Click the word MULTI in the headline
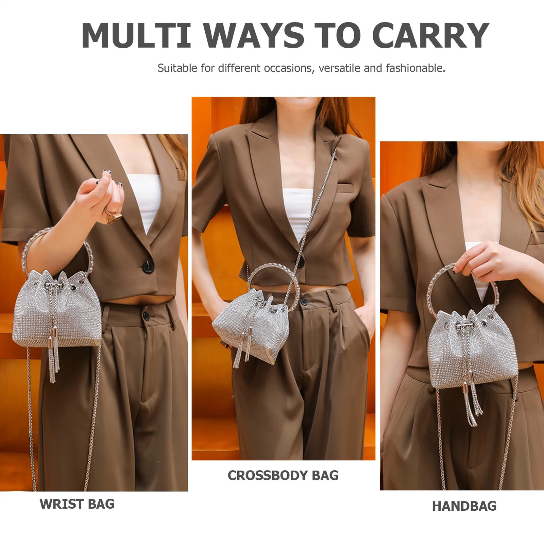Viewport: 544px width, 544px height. coord(136,35)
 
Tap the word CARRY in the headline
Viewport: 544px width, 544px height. coord(431,35)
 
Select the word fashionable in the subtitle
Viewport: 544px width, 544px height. coord(415,68)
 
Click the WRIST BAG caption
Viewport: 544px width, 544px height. coord(77,504)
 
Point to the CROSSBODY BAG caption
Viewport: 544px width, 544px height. coord(283,476)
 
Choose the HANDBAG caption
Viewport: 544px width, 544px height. coord(464,506)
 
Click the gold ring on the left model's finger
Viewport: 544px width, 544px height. coord(114,216)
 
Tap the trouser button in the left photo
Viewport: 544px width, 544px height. coord(147,316)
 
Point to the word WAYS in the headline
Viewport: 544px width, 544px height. coord(254,35)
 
